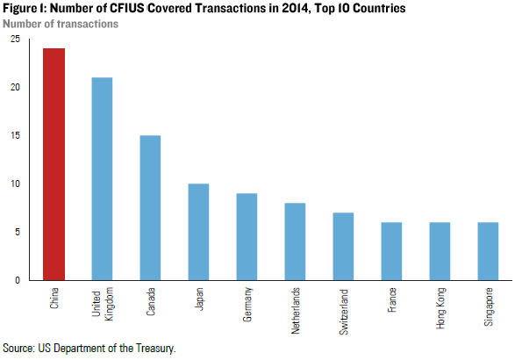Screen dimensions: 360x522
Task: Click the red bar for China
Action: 54,164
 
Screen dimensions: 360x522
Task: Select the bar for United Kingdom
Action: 102,179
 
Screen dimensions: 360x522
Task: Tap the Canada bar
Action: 150,208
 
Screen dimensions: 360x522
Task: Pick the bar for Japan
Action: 198,232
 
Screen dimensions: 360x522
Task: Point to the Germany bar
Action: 247,237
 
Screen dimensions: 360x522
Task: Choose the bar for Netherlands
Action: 295,241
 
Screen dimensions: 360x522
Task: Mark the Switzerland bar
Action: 343,247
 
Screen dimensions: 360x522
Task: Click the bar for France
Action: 391,251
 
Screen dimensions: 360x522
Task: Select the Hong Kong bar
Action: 440,251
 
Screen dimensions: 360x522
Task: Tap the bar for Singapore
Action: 488,251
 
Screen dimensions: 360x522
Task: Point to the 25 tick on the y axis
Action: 15,40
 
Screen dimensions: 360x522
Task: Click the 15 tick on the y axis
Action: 15,136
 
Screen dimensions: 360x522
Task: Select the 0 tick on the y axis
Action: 18,280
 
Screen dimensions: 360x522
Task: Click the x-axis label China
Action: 54,299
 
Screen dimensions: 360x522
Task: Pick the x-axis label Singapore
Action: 489,306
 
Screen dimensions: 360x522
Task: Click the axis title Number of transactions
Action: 61,23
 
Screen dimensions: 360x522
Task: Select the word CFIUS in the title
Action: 148,8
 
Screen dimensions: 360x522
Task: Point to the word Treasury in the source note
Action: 153,349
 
